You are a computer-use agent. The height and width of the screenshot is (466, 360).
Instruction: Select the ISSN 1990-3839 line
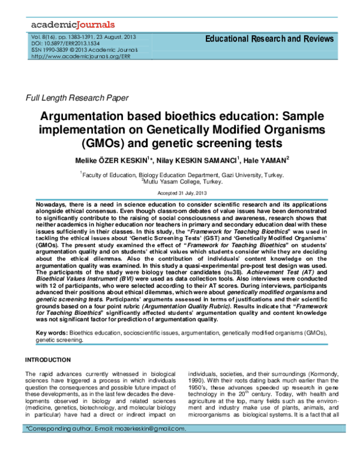(85, 50)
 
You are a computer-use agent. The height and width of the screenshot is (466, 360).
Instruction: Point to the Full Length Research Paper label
(76, 97)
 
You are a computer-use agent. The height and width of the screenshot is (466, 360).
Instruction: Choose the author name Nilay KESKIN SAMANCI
(191, 160)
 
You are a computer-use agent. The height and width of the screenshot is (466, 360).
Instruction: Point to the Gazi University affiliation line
(181, 174)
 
